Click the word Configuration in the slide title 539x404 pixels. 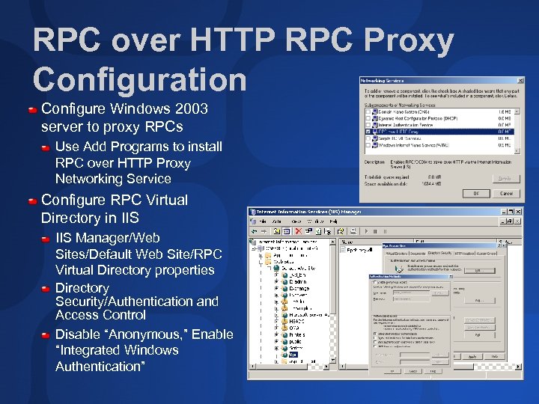(x=140, y=79)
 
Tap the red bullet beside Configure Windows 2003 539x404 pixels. (x=33, y=110)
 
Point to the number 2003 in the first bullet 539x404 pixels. (x=187, y=109)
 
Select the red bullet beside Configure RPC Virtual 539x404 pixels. (x=33, y=201)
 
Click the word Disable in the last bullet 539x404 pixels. (x=79, y=334)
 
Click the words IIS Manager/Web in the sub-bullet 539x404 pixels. (x=108, y=237)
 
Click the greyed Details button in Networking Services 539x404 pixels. (x=505, y=178)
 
